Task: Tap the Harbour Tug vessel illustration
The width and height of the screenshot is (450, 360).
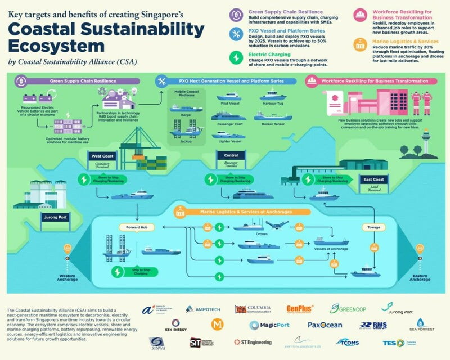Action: click(x=273, y=97)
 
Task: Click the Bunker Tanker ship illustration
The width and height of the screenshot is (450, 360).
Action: click(x=273, y=116)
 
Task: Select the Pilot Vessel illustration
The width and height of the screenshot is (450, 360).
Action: click(x=228, y=97)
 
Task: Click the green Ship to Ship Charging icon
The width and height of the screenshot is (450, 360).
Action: click(x=118, y=271)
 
